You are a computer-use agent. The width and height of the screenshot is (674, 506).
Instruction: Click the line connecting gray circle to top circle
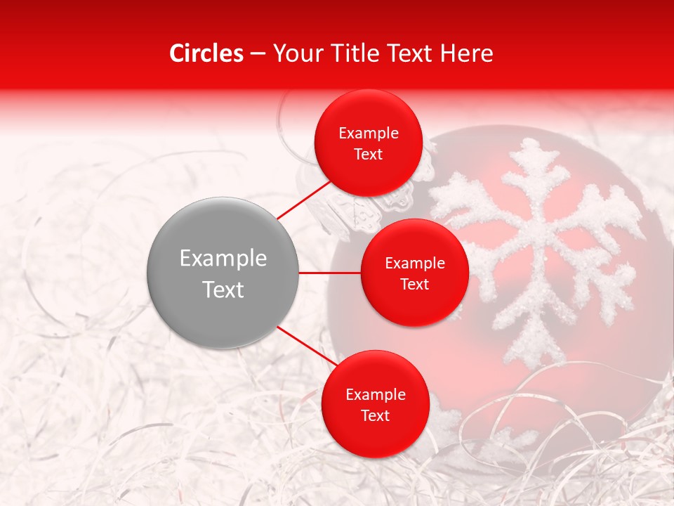click(305, 199)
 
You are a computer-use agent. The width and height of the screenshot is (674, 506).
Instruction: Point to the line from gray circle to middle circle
click(329, 273)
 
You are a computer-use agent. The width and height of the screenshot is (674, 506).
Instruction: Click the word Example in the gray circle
click(223, 259)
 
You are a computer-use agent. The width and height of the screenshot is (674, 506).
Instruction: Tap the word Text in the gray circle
click(223, 290)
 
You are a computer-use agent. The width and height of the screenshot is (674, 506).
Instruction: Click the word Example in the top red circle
click(368, 134)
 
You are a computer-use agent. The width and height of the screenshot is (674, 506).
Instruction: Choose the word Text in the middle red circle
click(414, 284)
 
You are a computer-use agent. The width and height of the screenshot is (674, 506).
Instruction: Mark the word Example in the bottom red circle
click(375, 395)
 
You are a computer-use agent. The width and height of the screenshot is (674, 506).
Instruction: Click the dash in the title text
click(258, 53)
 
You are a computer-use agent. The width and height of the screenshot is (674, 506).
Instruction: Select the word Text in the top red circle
click(368, 154)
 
